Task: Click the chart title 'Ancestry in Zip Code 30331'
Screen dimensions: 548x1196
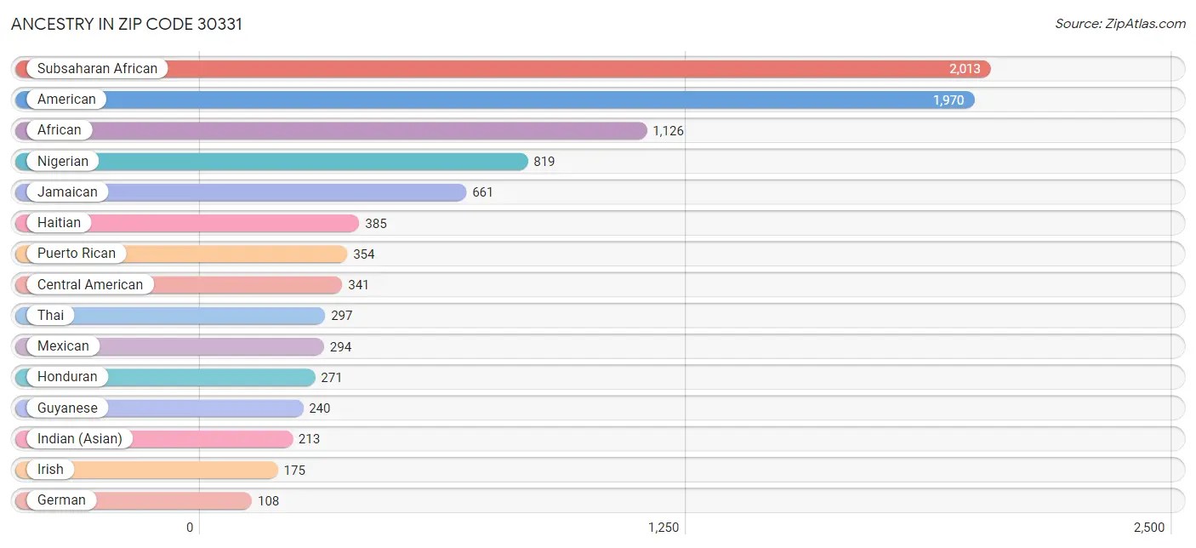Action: tap(127, 24)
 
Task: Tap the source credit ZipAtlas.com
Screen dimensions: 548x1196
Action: tap(1120, 24)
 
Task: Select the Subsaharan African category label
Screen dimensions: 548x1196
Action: tap(97, 69)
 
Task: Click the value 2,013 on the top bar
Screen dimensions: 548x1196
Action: tap(965, 69)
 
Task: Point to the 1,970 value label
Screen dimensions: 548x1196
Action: tap(948, 100)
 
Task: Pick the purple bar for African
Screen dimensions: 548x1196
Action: tap(366, 130)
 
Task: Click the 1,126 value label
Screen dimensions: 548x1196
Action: tap(669, 131)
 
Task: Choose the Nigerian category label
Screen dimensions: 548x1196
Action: tap(63, 161)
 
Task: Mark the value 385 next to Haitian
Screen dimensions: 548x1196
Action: tap(376, 223)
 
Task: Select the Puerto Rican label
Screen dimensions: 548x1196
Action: tap(77, 254)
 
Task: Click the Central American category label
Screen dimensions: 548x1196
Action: tap(90, 284)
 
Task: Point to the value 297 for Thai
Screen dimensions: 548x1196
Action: tap(342, 316)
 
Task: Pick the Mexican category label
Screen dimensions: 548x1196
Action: tap(63, 346)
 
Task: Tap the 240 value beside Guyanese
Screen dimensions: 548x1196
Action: tap(320, 408)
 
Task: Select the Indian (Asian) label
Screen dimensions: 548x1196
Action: tap(80, 439)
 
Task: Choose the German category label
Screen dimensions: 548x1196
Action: tap(61, 500)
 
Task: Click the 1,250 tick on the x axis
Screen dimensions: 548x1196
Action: tap(663, 528)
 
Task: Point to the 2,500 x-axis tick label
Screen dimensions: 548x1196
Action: tap(1148, 528)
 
